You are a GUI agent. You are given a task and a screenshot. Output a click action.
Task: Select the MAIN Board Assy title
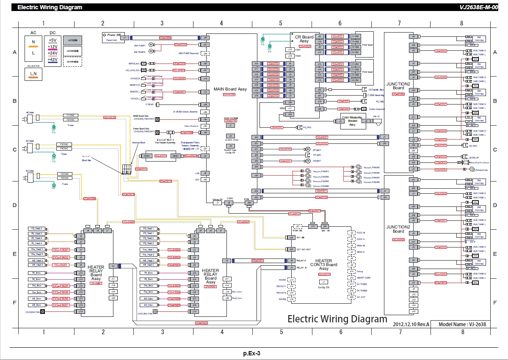230,90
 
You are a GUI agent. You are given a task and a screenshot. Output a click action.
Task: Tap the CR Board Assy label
304,39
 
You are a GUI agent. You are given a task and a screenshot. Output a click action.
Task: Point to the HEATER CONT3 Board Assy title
323,264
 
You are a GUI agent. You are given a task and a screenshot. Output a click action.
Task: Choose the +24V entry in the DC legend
53,53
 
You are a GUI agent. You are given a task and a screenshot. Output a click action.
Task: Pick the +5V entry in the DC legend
53,40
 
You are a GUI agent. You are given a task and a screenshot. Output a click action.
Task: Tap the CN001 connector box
147,156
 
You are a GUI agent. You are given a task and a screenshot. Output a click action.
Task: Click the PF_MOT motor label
317,149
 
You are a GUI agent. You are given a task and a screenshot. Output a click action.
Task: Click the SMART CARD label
363,278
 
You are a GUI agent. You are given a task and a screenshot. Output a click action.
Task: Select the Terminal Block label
138,143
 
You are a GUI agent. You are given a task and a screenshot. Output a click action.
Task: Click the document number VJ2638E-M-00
481,7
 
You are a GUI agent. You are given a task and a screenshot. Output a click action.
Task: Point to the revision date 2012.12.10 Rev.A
411,324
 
